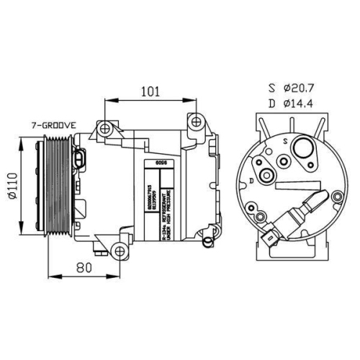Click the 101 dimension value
pyautogui.click(x=148, y=92)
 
